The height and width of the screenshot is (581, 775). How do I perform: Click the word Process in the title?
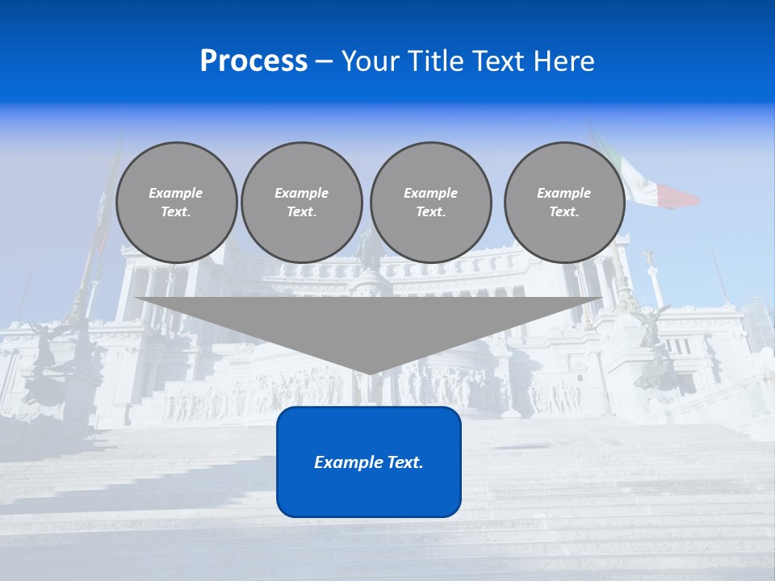click(253, 61)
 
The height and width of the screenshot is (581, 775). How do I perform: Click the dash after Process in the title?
click(325, 62)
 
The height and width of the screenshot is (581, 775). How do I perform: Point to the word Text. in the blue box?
click(406, 462)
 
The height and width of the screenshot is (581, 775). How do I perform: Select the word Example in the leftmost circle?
click(176, 193)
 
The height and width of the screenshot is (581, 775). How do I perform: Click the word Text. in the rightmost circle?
click(564, 211)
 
